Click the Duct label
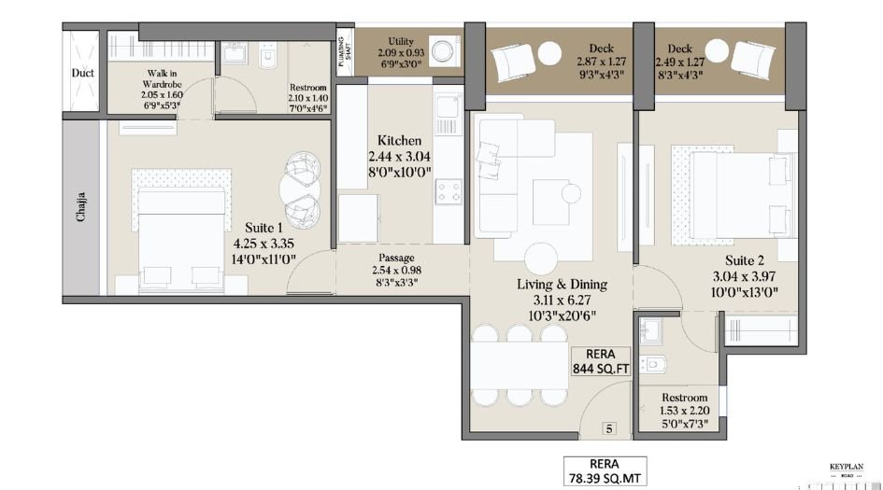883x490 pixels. [82, 73]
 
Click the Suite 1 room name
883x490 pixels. [263, 228]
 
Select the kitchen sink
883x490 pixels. [447, 121]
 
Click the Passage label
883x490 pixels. [397, 259]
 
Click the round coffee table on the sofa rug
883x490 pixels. [571, 192]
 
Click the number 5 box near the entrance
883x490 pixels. [609, 429]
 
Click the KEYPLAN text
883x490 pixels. [847, 466]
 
